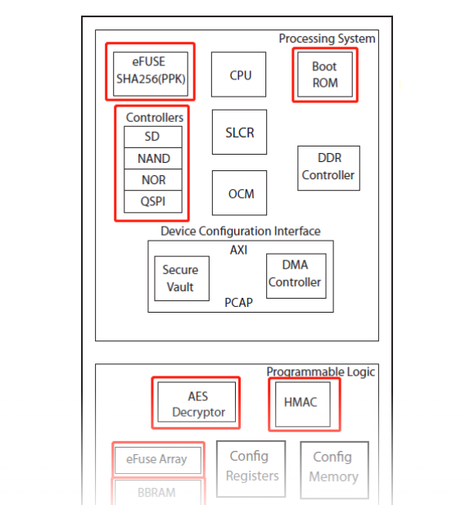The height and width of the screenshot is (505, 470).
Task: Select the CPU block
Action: (x=240, y=75)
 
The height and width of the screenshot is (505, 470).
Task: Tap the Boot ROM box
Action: (x=324, y=74)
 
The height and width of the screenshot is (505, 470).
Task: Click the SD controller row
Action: (x=152, y=137)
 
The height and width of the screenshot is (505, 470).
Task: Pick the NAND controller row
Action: (x=152, y=158)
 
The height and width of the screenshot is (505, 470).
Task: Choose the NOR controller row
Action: (x=152, y=179)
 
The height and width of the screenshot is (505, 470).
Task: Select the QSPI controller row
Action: (x=152, y=201)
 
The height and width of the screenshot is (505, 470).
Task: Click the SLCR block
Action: (x=240, y=132)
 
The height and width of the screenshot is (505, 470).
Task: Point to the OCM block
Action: (x=240, y=194)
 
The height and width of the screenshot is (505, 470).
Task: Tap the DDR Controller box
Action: (x=328, y=167)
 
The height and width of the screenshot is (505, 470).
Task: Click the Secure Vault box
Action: (x=179, y=278)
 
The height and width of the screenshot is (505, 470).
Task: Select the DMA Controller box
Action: (x=296, y=274)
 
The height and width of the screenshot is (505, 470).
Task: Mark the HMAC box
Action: (x=303, y=403)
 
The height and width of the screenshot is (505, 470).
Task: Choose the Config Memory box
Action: (x=334, y=467)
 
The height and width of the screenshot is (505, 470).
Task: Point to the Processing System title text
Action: (x=327, y=38)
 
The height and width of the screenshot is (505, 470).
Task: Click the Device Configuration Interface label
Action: (x=240, y=232)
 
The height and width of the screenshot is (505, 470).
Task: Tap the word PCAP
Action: (x=238, y=303)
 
